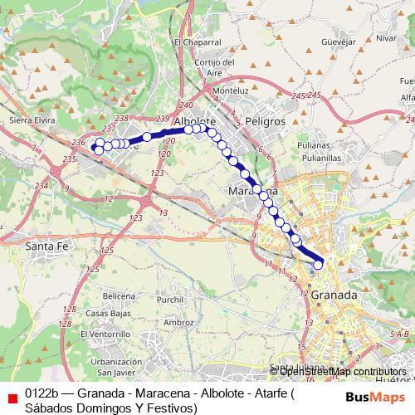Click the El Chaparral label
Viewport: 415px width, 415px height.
(x=198, y=41)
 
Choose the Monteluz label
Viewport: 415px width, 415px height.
(x=231, y=90)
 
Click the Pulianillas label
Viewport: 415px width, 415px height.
(x=322, y=156)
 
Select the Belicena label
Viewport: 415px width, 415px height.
(x=120, y=296)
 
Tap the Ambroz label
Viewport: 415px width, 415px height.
(x=178, y=322)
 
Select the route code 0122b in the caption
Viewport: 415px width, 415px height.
(x=41, y=394)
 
